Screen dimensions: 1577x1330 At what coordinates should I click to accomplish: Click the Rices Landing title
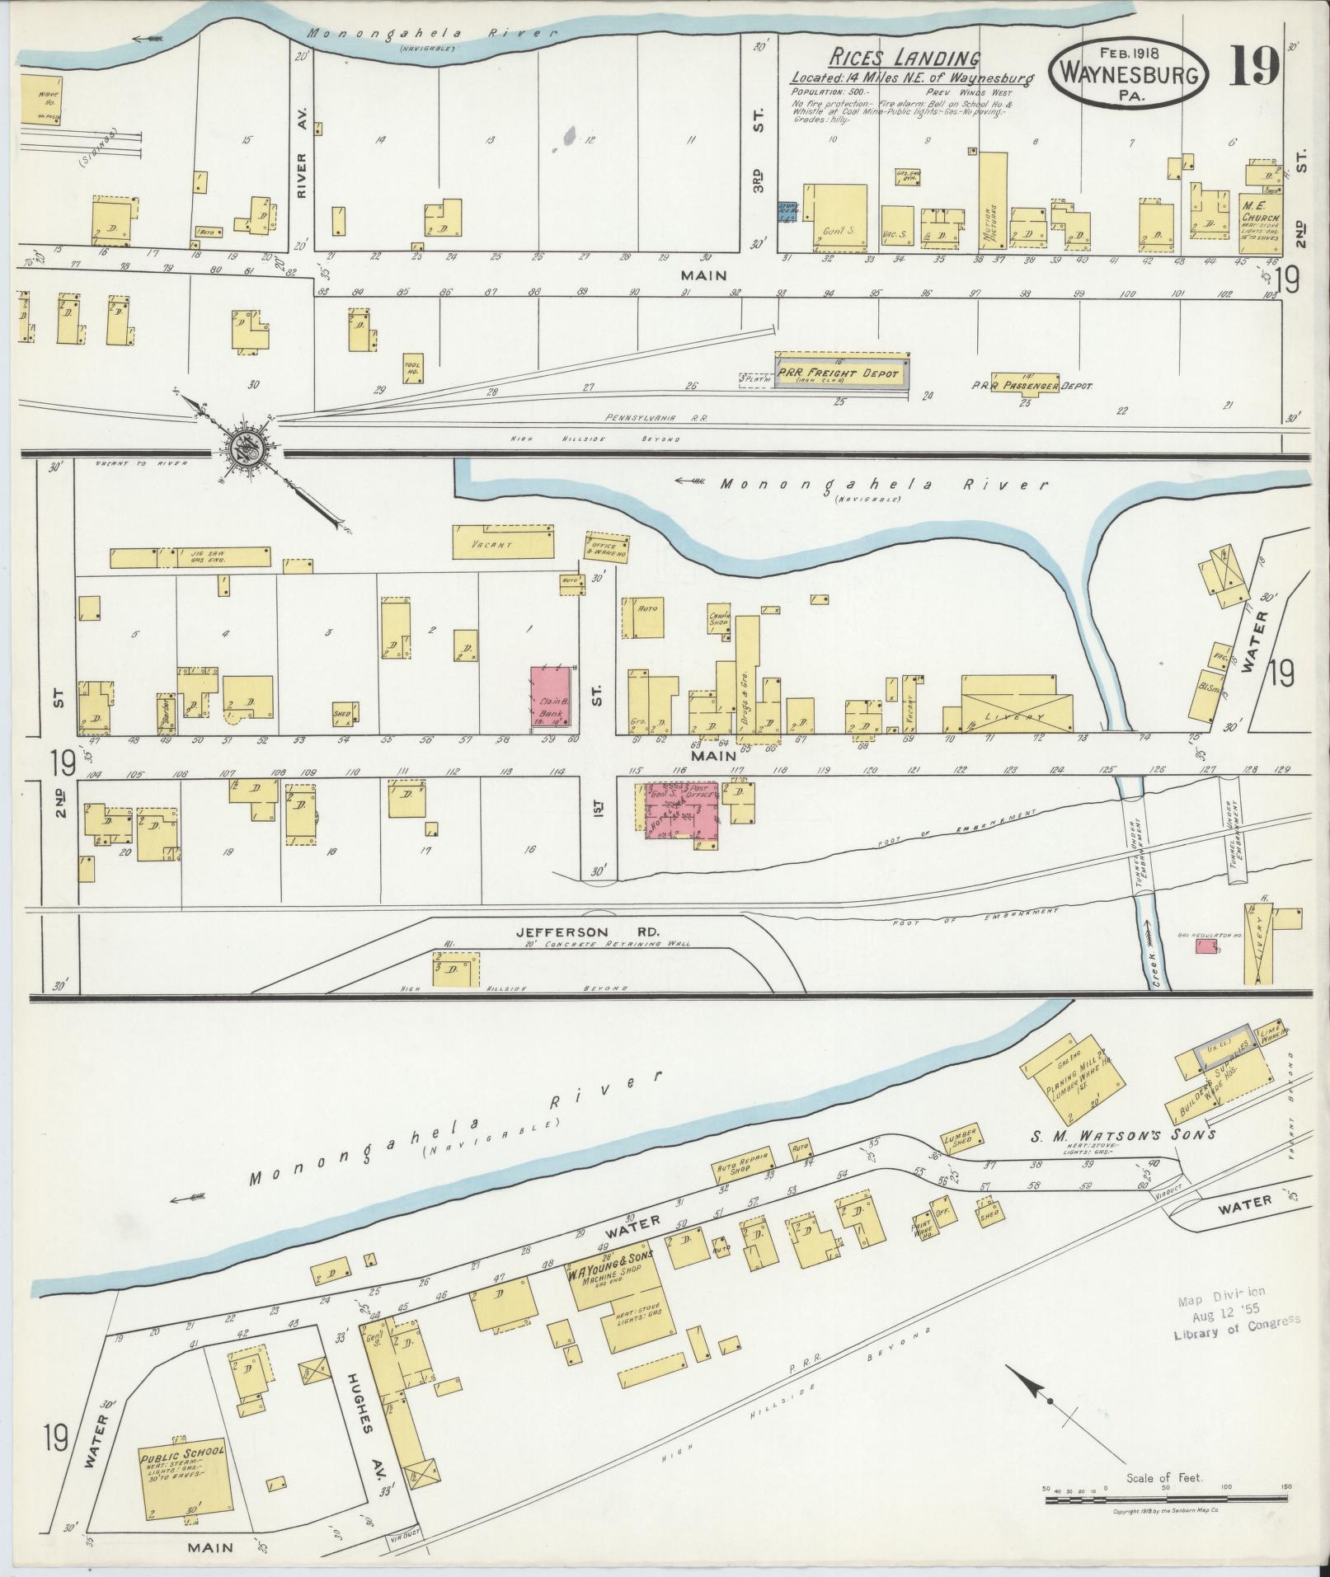[x=904, y=59]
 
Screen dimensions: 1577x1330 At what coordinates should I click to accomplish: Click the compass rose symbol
[x=252, y=448]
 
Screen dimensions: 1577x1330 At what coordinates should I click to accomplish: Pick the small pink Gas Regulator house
[x=1206, y=948]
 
